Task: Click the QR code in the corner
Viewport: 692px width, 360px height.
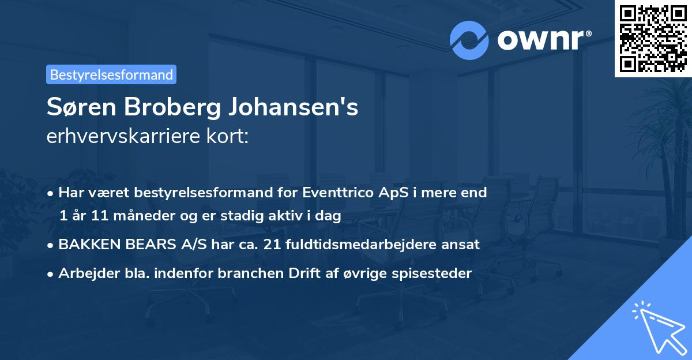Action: click(652, 39)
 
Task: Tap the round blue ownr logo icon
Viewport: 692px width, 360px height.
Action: click(469, 40)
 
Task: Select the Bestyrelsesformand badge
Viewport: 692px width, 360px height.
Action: click(111, 74)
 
